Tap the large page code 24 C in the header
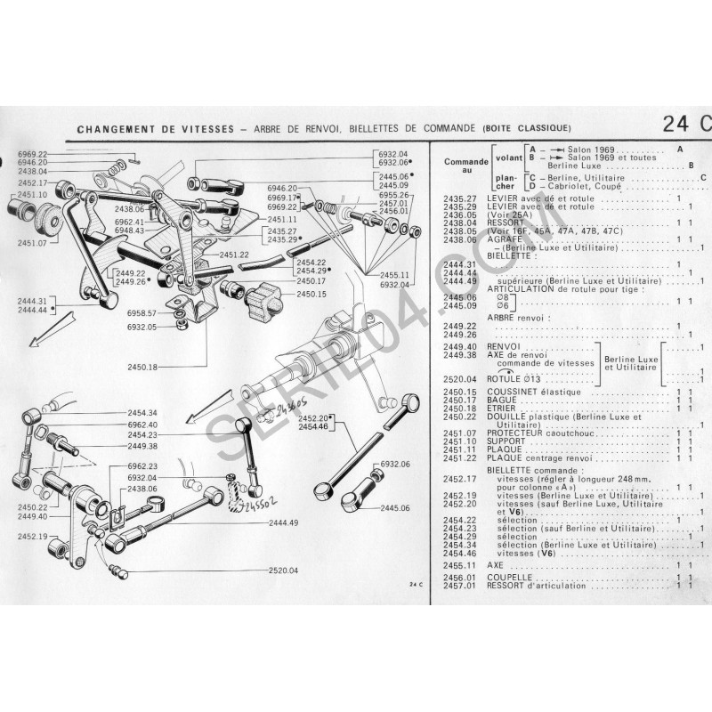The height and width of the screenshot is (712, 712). [x=686, y=125]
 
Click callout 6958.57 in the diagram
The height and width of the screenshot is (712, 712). [x=142, y=313]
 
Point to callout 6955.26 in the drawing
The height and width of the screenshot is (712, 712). [x=392, y=195]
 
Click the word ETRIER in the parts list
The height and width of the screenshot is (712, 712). [x=504, y=408]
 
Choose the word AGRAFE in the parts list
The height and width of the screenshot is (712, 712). [x=506, y=239]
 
